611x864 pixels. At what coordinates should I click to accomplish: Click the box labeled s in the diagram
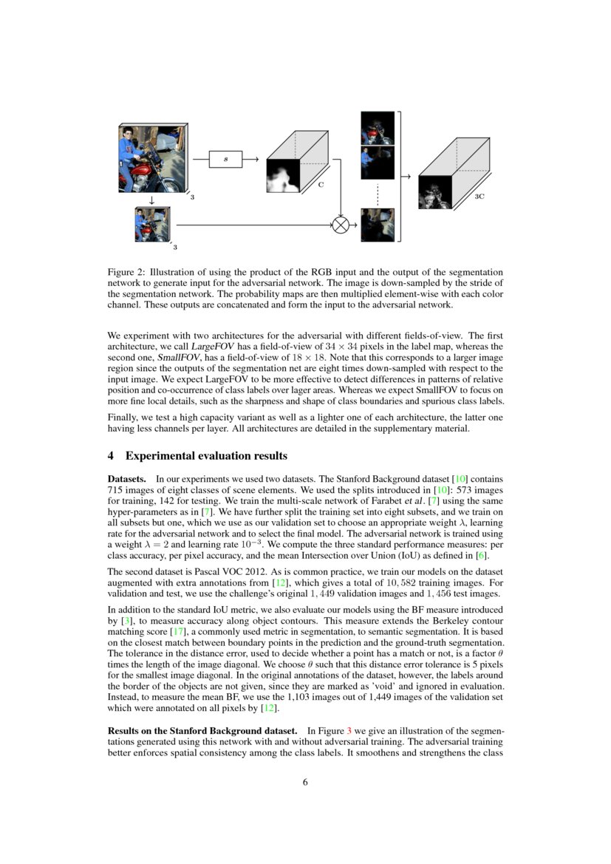pos(225,159)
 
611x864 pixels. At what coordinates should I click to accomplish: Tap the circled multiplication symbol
pos(341,225)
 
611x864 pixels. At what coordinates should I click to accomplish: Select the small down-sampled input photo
pos(152,224)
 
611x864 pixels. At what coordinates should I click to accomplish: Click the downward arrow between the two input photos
pos(152,200)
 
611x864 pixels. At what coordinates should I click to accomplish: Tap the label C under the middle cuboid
pos(321,185)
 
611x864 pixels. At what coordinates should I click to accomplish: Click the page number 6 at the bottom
pos(305,783)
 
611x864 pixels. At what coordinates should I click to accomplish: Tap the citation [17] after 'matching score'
pos(178,632)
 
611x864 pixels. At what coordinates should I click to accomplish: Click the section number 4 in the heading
pos(112,455)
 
